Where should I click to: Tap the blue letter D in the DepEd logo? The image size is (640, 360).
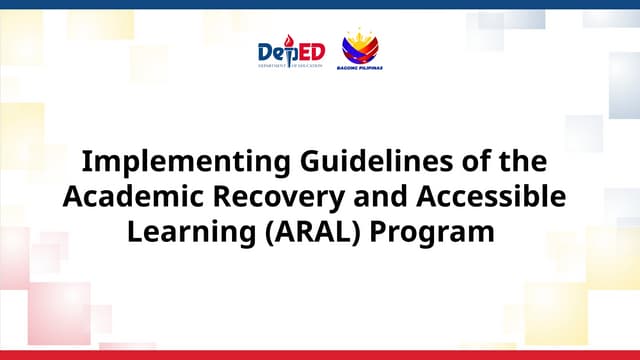[266, 52]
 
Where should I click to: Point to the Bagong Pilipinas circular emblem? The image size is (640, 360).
[360, 47]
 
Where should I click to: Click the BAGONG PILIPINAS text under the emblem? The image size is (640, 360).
[361, 69]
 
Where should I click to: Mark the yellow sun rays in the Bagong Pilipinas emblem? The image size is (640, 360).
[360, 37]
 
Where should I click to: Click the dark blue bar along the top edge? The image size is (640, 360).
[320, 4]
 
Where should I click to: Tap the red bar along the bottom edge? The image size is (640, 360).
[320, 355]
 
